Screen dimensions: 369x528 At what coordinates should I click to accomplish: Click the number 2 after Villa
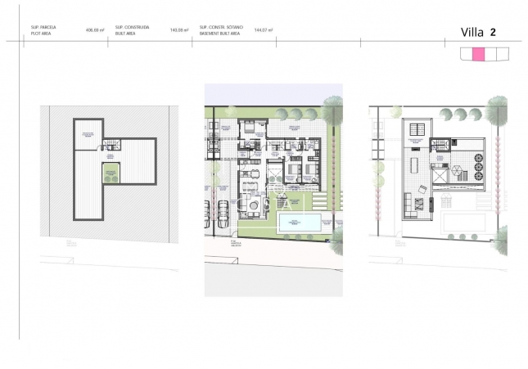coord(493,33)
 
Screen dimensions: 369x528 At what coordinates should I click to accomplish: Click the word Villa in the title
coord(472,33)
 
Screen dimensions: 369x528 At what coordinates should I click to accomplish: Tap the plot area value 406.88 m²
coord(97,29)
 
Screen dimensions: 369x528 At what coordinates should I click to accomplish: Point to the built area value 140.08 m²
coord(179,29)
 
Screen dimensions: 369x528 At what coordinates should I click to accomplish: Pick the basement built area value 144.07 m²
coord(264,29)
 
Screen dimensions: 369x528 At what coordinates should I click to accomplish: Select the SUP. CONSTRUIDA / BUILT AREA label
coord(132,29)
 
